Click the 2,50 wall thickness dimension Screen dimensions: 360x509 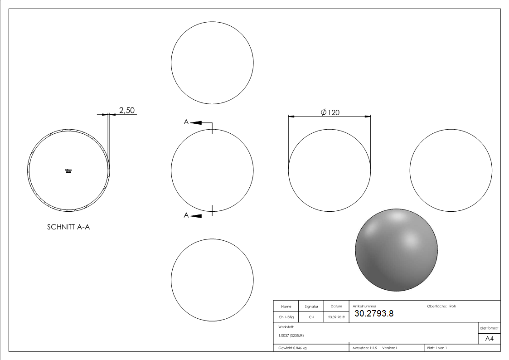[x=126, y=110]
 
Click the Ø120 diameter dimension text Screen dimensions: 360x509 [x=330, y=112]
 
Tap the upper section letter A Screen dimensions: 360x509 [x=186, y=122]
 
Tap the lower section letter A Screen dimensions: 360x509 [x=186, y=215]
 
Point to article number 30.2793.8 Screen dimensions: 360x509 [x=374, y=313]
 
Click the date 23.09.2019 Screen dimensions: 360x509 [x=336, y=317]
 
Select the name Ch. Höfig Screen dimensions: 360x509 [x=286, y=317]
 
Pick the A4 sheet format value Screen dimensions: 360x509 [x=490, y=339]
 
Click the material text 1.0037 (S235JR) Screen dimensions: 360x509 [x=291, y=336]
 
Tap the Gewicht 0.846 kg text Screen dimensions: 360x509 [x=292, y=348]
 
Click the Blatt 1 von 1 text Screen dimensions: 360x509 [x=437, y=348]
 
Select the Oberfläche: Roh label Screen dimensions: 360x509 [x=441, y=306]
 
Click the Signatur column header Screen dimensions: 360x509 [x=311, y=306]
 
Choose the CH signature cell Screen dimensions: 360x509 [x=311, y=317]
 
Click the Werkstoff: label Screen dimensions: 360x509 [x=286, y=326]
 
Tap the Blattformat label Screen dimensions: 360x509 [x=489, y=328]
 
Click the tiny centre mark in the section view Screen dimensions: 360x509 [x=69, y=170]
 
